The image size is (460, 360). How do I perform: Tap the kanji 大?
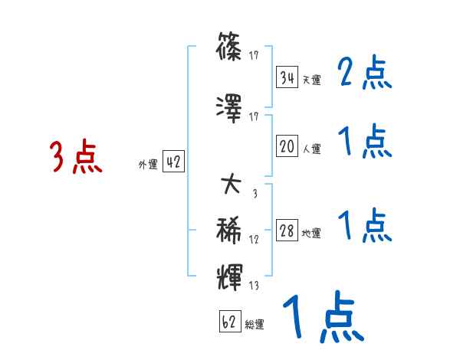click(x=231, y=185)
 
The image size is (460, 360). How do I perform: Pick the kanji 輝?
click(x=231, y=275)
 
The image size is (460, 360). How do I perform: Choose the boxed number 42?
click(x=173, y=162)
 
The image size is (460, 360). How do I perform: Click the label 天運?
click(x=311, y=80)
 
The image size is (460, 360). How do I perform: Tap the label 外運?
click(x=147, y=164)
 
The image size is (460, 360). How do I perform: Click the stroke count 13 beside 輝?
click(x=254, y=286)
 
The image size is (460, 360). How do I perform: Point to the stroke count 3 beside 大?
click(x=254, y=193)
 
